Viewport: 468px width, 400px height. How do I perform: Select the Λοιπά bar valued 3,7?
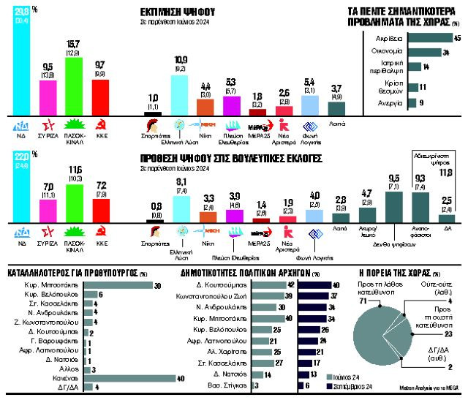336,109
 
